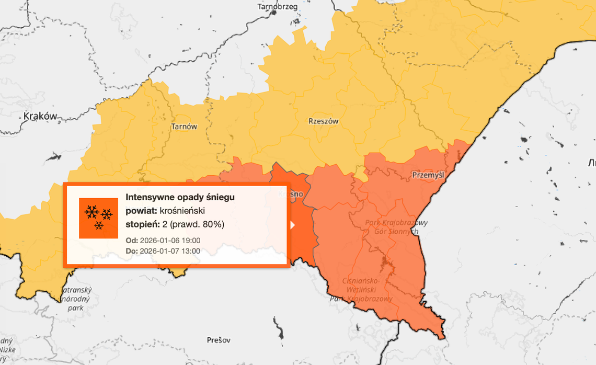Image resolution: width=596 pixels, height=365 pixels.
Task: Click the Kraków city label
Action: pyautogui.click(x=40, y=116)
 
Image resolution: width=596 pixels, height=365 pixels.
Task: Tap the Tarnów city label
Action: pyautogui.click(x=185, y=127)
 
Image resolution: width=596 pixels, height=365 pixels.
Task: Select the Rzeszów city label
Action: pyautogui.click(x=323, y=121)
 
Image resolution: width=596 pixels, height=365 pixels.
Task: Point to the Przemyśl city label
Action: pyautogui.click(x=428, y=175)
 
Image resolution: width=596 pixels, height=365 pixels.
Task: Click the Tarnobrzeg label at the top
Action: pyautogui.click(x=278, y=7)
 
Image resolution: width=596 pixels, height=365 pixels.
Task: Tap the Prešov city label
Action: pyautogui.click(x=219, y=340)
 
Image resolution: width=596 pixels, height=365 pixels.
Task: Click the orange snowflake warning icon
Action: pyautogui.click(x=98, y=218)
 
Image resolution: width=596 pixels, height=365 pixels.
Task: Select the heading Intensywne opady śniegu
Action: pyautogui.click(x=180, y=197)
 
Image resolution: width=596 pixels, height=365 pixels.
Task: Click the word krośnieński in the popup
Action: pyautogui.click(x=182, y=211)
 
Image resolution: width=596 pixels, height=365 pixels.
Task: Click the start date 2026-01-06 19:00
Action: pyautogui.click(x=170, y=241)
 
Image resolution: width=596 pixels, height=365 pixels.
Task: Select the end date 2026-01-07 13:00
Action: pyautogui.click(x=170, y=251)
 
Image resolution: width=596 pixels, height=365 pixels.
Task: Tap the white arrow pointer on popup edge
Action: pyautogui.click(x=293, y=225)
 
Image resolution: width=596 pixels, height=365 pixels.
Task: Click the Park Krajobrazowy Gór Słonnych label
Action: pyautogui.click(x=396, y=227)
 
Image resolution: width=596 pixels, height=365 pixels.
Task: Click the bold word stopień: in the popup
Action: pyautogui.click(x=142, y=225)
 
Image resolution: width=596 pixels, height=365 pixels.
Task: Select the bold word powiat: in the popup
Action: pyautogui.click(x=141, y=211)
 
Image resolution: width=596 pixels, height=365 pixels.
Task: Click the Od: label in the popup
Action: pyautogui.click(x=132, y=241)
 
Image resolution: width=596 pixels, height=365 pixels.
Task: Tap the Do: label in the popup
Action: pyautogui.click(x=132, y=251)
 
